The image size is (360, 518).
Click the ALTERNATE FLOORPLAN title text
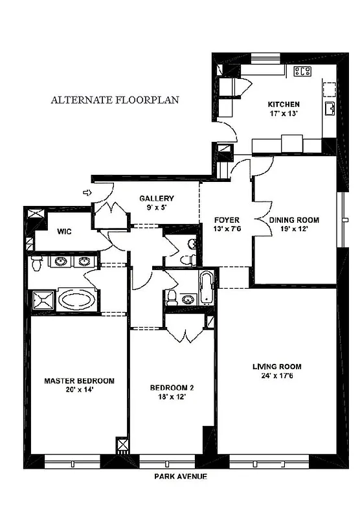(115, 100)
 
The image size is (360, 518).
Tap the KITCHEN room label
(284, 104)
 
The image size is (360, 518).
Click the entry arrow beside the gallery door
(87, 192)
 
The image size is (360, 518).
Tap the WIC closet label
(64, 231)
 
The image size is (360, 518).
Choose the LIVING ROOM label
(276, 367)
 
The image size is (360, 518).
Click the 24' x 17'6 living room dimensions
(276, 376)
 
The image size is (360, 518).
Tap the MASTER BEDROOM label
(79, 381)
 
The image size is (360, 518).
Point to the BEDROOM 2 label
(172, 388)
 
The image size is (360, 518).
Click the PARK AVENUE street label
(181, 476)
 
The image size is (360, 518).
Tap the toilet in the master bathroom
(37, 262)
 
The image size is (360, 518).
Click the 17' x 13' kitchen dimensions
(284, 114)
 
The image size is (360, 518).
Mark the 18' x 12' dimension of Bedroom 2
(172, 397)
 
